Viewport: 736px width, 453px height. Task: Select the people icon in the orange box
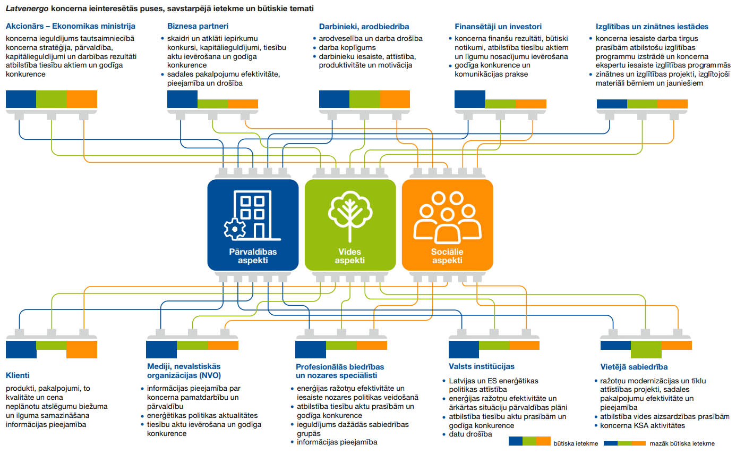pos(447,217)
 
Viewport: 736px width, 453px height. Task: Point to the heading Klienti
pos(18,374)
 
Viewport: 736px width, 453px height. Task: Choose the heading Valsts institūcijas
pos(481,366)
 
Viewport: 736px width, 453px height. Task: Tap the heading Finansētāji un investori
pos(498,26)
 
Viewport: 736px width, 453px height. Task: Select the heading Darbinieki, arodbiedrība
pos(364,26)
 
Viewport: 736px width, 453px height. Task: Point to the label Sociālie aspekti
pos(447,256)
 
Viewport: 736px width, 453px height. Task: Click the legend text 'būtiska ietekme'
pos(576,443)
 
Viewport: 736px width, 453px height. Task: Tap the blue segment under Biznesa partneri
pos(182,99)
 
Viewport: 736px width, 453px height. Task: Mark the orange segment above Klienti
pos(82,349)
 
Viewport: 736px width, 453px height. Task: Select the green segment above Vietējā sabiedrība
pos(646,349)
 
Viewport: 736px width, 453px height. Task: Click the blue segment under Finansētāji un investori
pos(469,99)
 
